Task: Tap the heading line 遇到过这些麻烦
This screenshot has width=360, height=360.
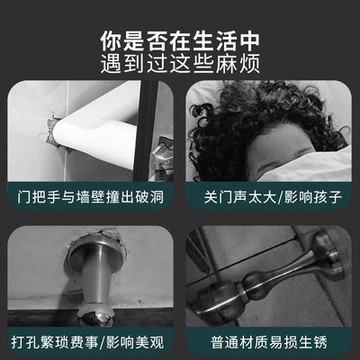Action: coord(180,66)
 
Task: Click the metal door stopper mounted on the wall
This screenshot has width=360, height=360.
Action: coord(90,270)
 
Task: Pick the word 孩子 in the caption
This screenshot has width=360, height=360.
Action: coord(322,193)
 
